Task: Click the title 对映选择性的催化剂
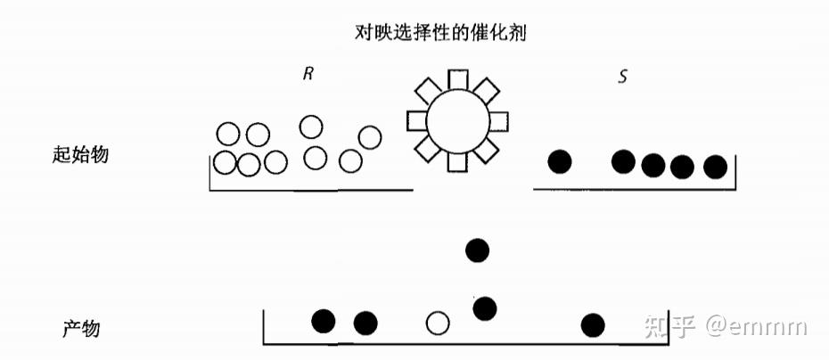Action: point(444,32)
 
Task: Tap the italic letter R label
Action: point(308,75)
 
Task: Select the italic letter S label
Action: point(622,76)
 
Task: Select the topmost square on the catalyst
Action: point(457,78)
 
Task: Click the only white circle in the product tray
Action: point(437,323)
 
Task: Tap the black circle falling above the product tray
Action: point(479,251)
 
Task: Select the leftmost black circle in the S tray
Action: point(560,161)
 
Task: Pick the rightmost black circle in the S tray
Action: point(715,166)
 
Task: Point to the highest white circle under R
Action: point(311,127)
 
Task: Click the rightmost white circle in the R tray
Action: point(369,137)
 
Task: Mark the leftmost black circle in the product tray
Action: point(324,321)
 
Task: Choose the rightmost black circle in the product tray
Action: point(593,325)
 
